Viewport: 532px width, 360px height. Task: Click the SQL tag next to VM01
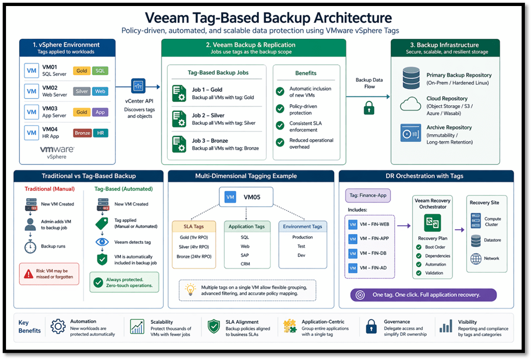(x=100, y=71)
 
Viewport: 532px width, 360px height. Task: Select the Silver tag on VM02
(x=82, y=92)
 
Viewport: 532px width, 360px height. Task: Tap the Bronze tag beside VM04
(x=82, y=133)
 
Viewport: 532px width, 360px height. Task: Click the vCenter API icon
(x=138, y=86)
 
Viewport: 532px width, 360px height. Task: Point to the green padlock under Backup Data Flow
(x=369, y=108)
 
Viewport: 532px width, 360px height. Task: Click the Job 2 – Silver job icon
(x=179, y=119)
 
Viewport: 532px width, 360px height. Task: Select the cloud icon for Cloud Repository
(x=410, y=104)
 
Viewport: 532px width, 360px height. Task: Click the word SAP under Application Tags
(x=245, y=255)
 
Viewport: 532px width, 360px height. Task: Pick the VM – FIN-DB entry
(x=369, y=254)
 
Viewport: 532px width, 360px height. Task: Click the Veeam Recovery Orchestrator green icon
(x=432, y=223)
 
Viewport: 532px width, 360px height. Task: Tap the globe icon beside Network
(x=476, y=258)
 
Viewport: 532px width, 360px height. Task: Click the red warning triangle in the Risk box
(x=29, y=272)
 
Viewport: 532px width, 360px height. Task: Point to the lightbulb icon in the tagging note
(x=191, y=289)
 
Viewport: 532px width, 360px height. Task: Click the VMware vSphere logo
(x=57, y=151)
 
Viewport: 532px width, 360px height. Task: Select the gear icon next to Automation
(x=58, y=327)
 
